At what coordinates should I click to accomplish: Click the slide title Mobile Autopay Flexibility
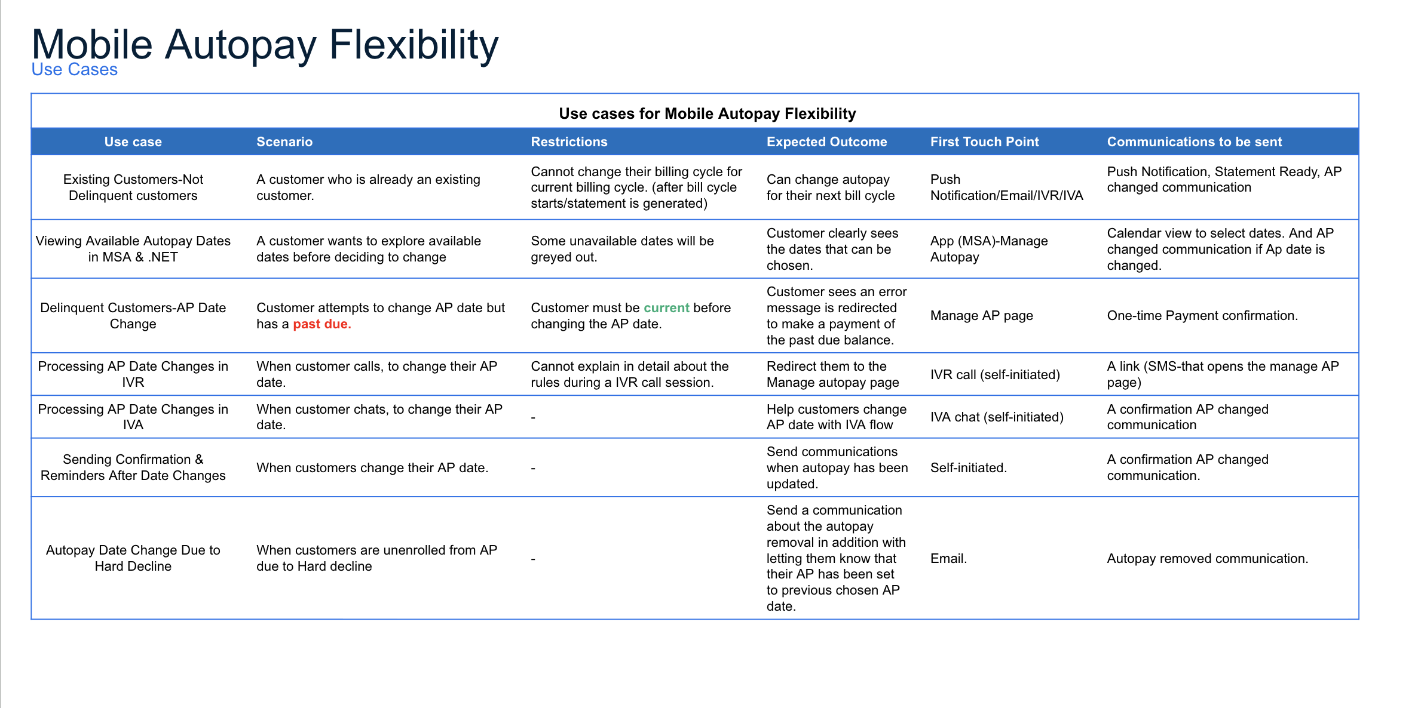click(265, 45)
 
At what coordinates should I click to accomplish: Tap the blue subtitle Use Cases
click(75, 70)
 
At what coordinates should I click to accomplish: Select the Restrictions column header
click(569, 142)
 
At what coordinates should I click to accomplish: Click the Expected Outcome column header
click(826, 142)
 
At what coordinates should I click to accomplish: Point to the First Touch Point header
click(984, 142)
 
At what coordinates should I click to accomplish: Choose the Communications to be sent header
click(1194, 142)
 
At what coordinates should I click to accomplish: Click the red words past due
click(321, 324)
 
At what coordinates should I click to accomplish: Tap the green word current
click(666, 308)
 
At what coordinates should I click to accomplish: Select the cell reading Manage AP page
click(981, 316)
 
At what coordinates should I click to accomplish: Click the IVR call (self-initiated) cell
click(995, 375)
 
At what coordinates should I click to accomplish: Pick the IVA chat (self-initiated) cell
click(997, 417)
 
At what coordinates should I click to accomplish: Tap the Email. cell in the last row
click(948, 559)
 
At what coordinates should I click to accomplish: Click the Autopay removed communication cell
click(1207, 559)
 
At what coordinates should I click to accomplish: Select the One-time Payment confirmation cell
click(1202, 316)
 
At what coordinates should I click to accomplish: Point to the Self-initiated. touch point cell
click(968, 468)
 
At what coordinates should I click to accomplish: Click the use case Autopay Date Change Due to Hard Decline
click(133, 558)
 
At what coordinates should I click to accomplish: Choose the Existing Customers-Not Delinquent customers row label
click(133, 187)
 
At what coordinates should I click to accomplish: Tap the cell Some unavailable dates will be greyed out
click(622, 249)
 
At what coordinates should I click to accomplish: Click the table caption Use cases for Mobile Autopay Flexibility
click(707, 113)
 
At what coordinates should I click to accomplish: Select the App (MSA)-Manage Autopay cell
click(988, 249)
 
